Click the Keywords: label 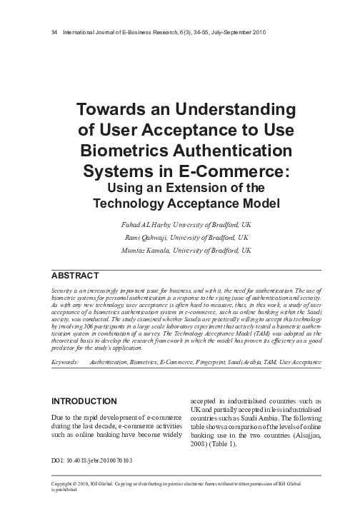click(66, 363)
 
